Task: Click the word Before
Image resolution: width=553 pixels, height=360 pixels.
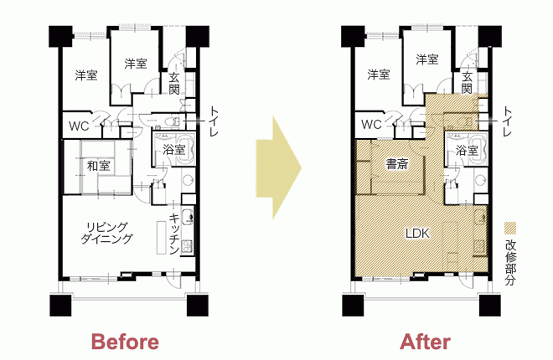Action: click(x=125, y=342)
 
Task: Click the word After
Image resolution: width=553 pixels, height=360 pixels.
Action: click(x=426, y=342)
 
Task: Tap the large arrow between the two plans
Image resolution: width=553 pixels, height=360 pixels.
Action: click(x=279, y=168)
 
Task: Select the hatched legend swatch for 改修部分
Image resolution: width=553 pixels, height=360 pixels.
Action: click(x=510, y=228)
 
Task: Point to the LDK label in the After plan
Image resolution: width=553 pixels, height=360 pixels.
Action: click(x=417, y=234)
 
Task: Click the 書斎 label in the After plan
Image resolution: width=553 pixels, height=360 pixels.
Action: click(x=397, y=164)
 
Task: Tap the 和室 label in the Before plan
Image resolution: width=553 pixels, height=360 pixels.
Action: click(x=98, y=166)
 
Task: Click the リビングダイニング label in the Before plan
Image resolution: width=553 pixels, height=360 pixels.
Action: click(x=107, y=233)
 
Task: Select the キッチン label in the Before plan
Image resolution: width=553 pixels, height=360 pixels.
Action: click(x=174, y=234)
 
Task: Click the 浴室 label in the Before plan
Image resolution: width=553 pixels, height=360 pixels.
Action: click(x=174, y=150)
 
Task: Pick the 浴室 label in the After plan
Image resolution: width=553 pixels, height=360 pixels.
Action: click(x=467, y=151)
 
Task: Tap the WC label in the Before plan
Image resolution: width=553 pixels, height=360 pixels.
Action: click(x=79, y=126)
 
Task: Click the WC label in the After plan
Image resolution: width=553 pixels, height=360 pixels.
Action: click(x=371, y=125)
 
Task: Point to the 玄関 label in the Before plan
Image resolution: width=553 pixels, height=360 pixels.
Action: click(x=174, y=84)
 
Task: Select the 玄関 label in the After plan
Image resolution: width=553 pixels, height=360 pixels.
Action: click(x=467, y=82)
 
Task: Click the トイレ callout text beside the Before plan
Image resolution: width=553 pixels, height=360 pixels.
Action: click(x=214, y=121)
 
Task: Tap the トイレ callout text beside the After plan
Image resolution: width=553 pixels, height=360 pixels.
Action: click(x=507, y=121)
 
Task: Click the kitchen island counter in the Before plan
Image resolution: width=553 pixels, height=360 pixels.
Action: click(x=161, y=237)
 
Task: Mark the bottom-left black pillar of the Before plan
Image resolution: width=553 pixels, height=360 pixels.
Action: click(x=60, y=306)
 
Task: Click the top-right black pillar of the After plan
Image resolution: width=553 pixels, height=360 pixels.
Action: click(x=490, y=36)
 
